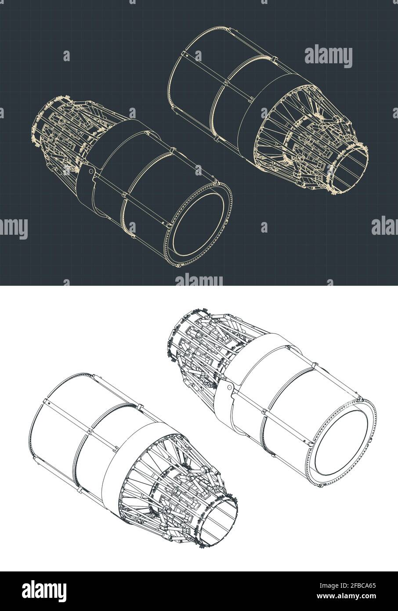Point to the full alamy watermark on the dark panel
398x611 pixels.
point(328,57)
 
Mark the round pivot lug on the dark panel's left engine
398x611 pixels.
point(91,171)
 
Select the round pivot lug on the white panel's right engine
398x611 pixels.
point(229,387)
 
